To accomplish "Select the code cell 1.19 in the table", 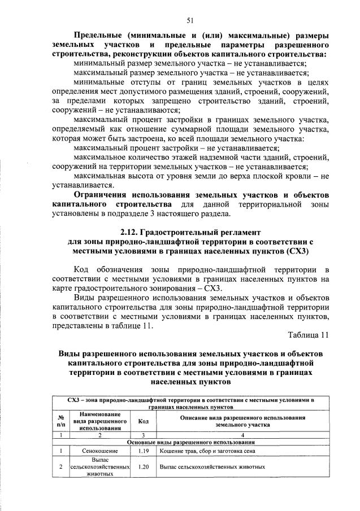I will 143,451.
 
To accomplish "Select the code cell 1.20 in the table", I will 143,468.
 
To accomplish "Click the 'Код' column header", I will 143,421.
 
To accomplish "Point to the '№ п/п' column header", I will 60,421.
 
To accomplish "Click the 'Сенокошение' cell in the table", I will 99,451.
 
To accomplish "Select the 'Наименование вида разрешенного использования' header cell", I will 99,421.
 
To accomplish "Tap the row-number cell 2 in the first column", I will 60,468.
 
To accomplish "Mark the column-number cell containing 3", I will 143,435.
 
